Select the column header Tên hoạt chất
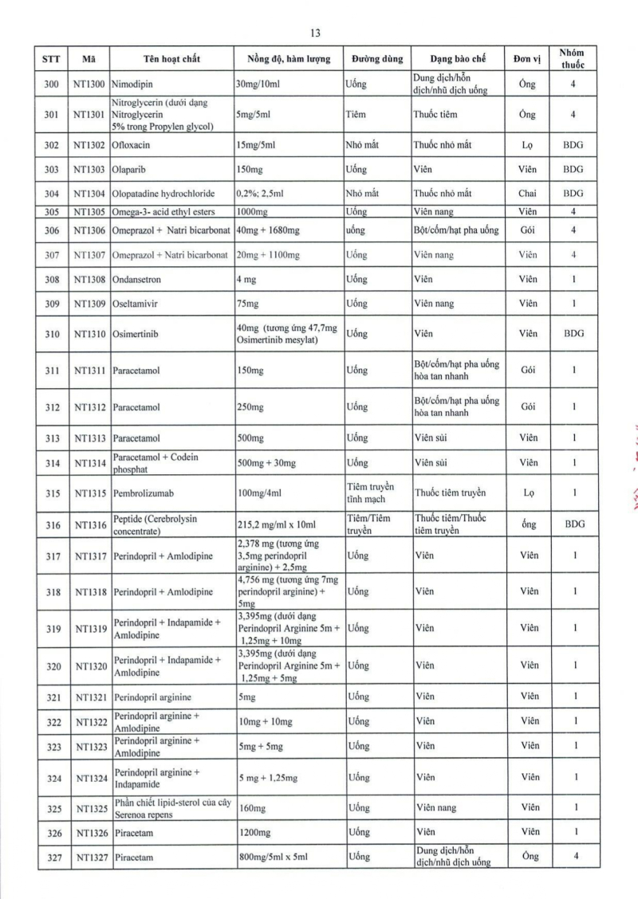click(x=171, y=59)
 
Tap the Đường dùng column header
click(x=377, y=59)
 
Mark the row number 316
click(x=53, y=524)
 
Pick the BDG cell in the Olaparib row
click(x=573, y=169)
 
